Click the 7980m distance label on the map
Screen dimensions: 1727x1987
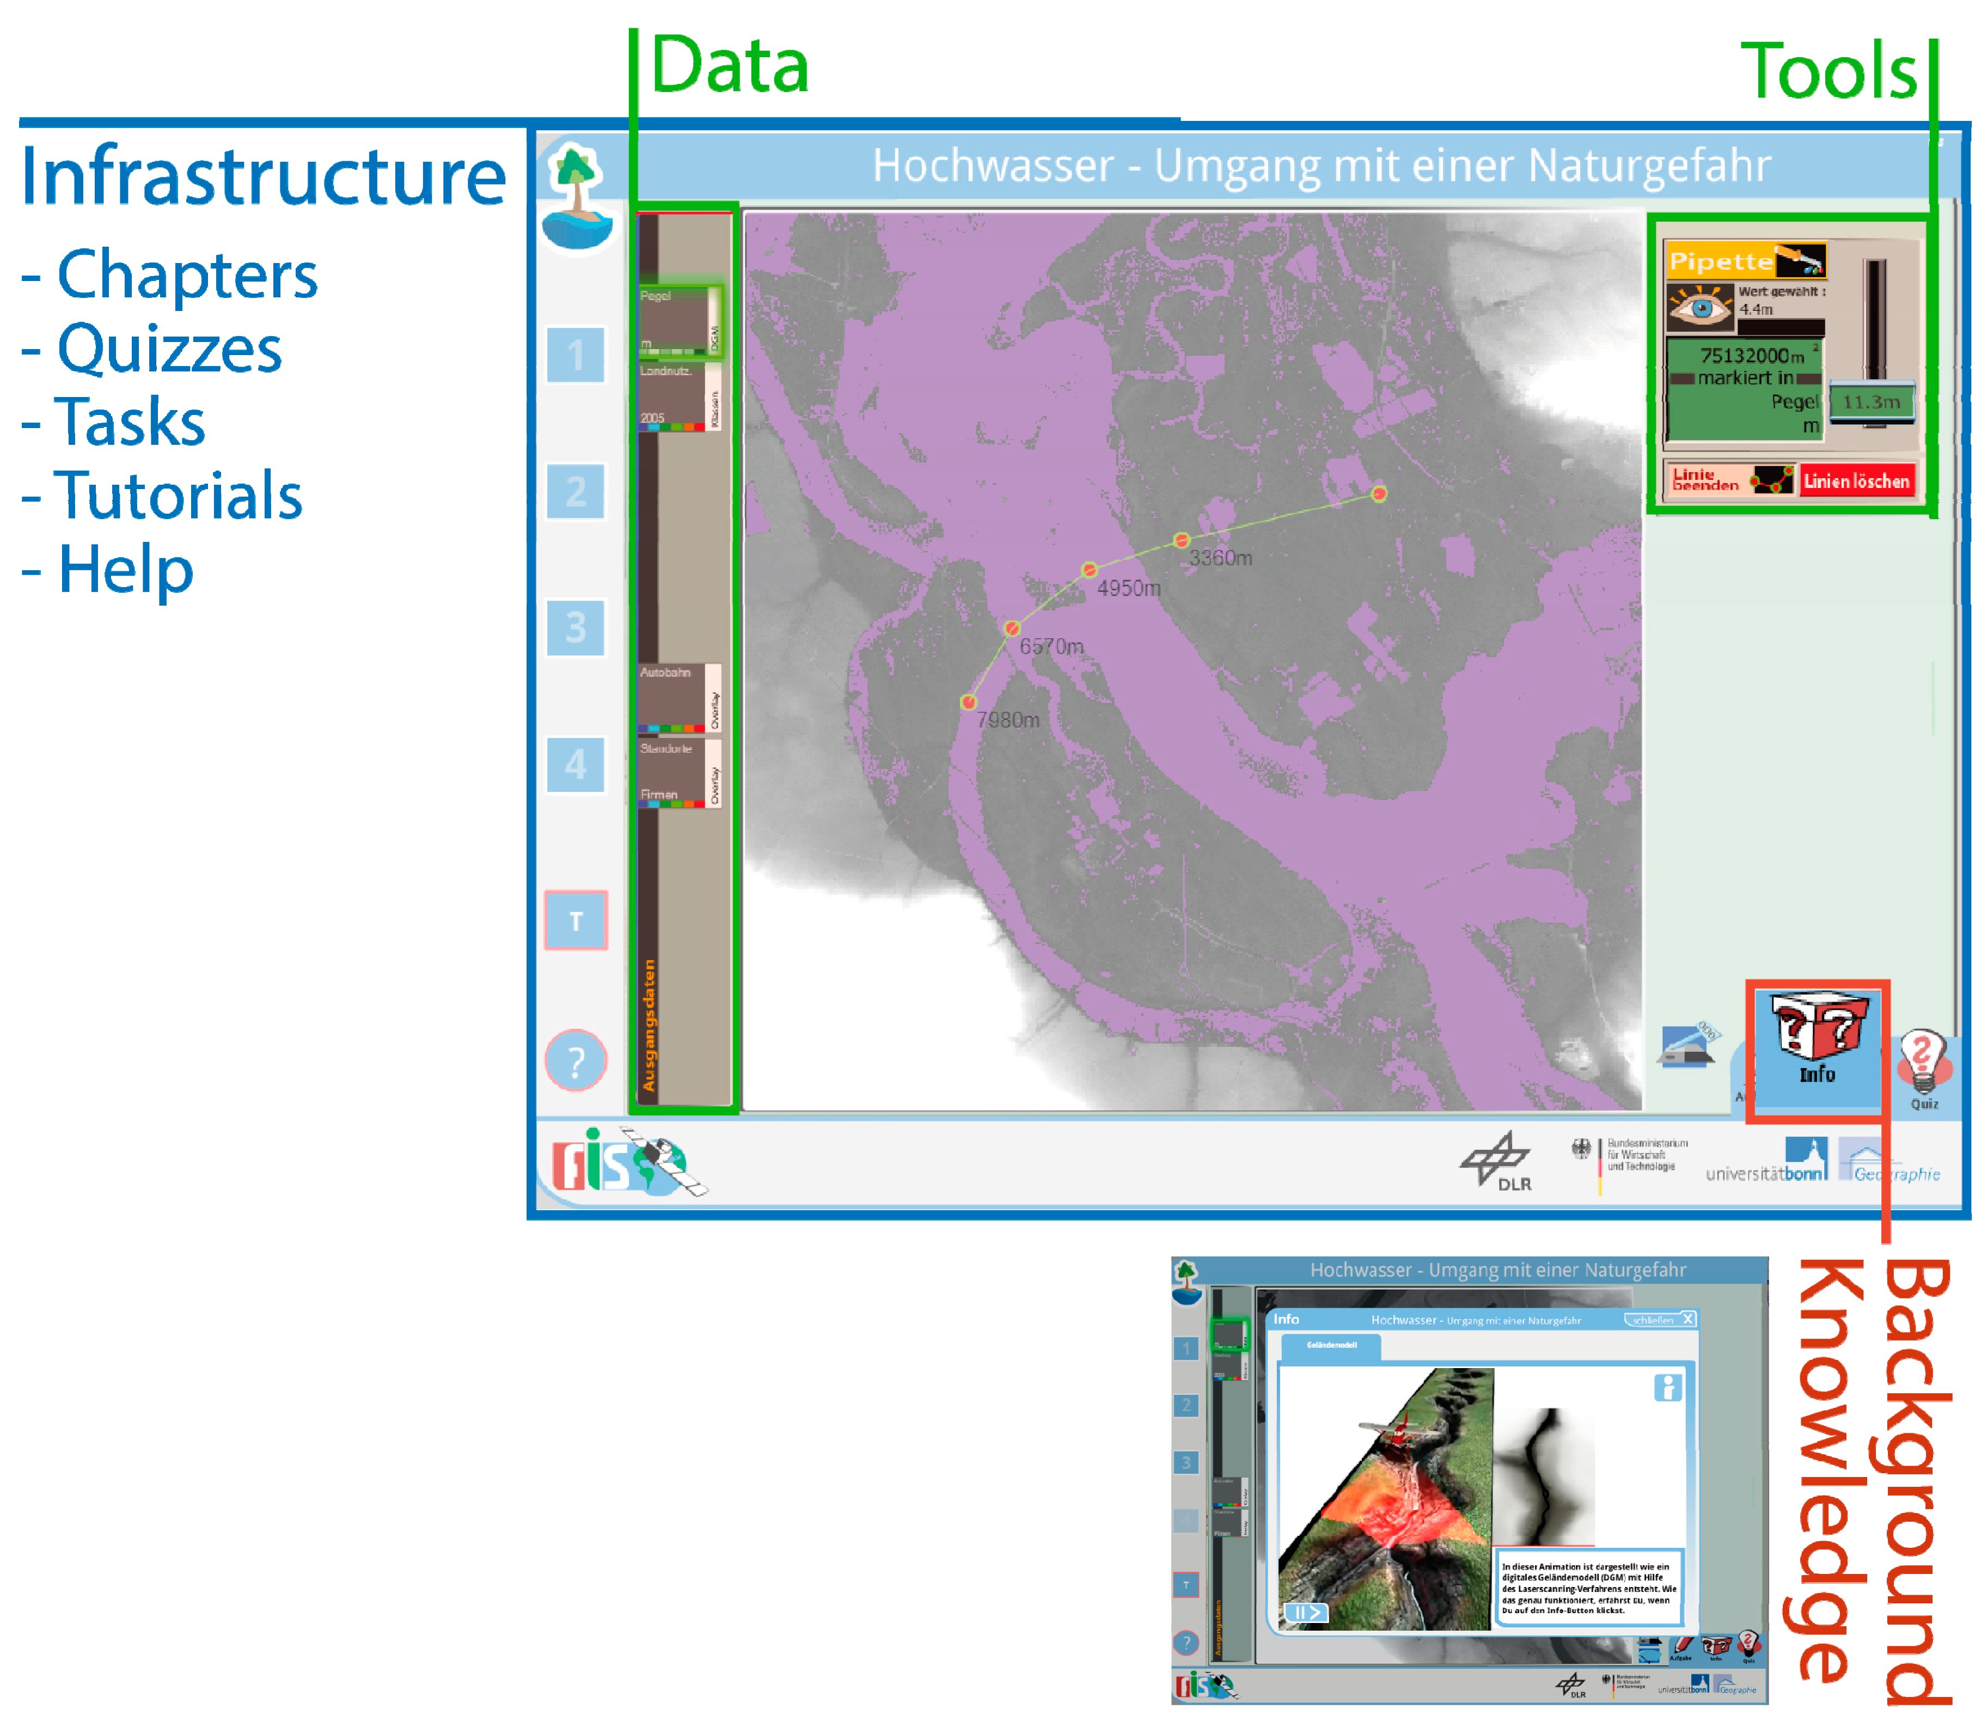[1008, 720]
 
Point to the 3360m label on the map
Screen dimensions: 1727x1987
[1220, 558]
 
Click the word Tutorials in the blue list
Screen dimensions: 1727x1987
[178, 496]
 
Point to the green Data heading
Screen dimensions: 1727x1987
[730, 65]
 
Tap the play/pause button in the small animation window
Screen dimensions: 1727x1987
[1306, 1612]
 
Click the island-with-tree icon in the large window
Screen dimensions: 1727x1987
[576, 198]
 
